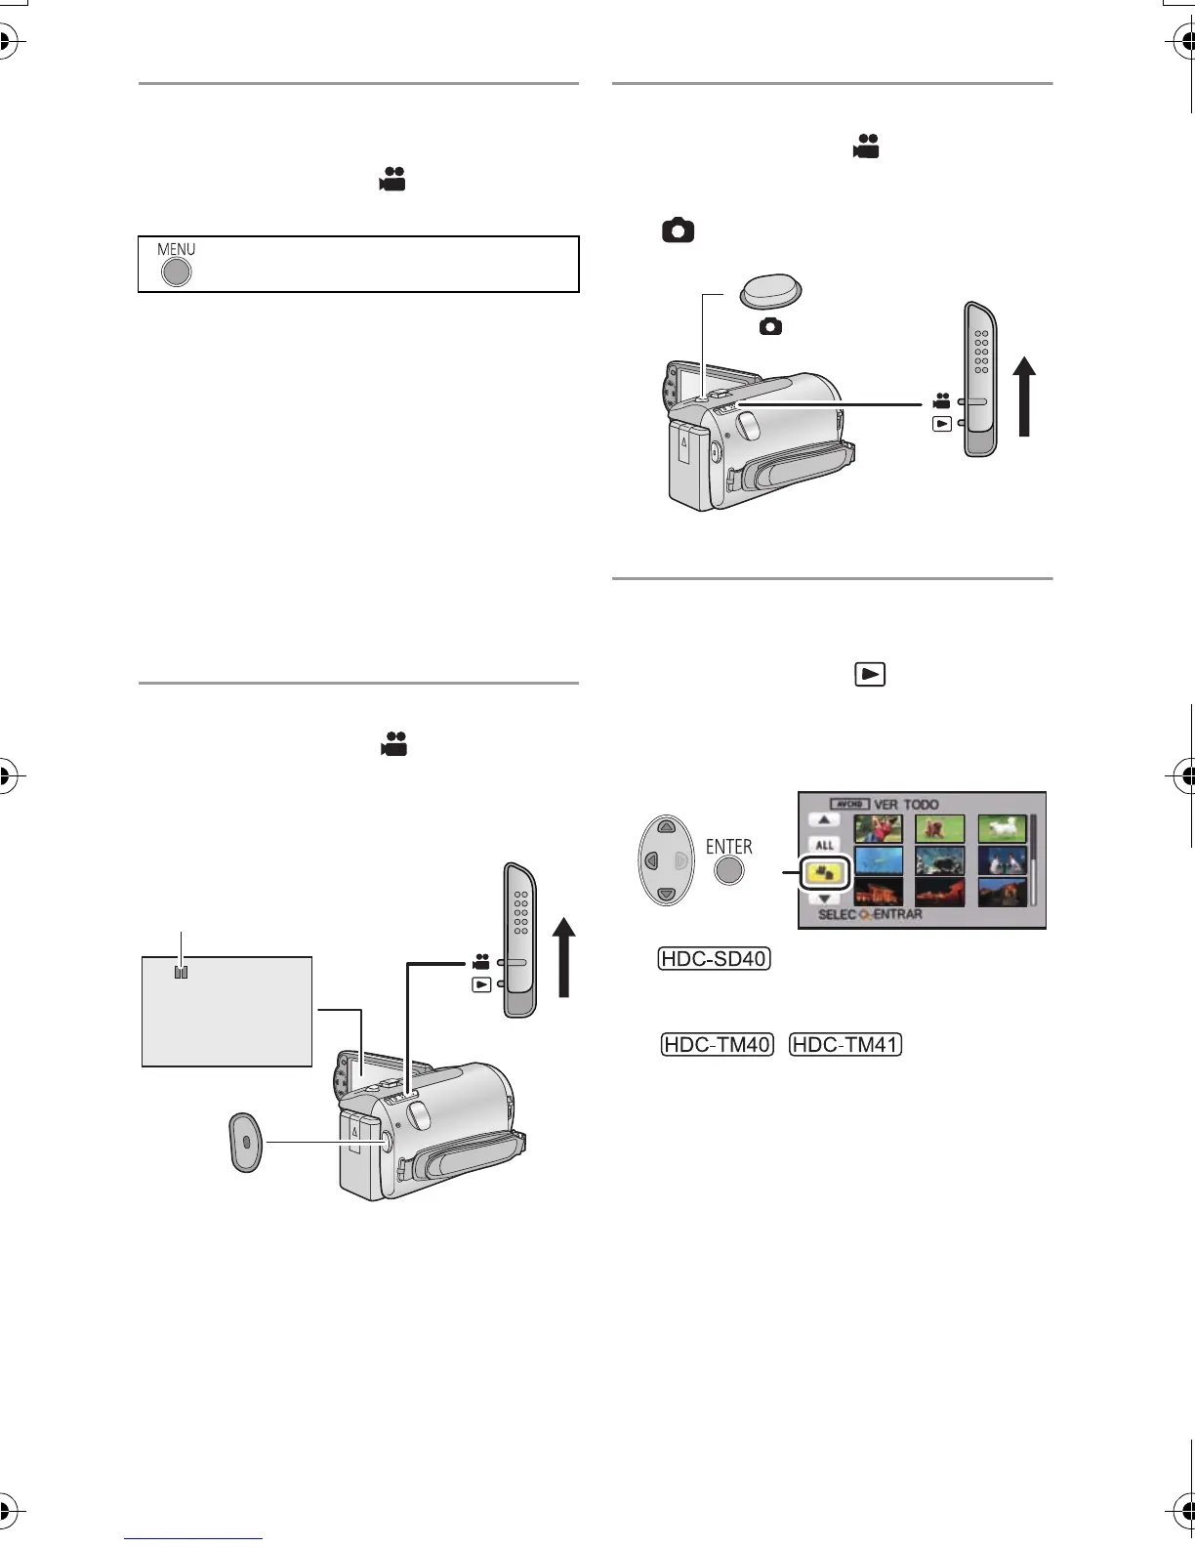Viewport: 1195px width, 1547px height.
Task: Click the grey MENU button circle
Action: click(x=176, y=272)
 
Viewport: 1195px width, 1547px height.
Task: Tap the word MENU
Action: click(x=177, y=250)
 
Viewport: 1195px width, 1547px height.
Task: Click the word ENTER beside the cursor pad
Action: click(x=729, y=847)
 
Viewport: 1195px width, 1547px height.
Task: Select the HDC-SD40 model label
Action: click(x=715, y=958)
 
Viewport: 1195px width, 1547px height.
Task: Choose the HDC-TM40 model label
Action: click(x=718, y=1044)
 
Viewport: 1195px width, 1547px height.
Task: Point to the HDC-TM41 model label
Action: click(x=845, y=1044)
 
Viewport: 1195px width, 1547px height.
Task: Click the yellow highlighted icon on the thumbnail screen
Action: click(x=826, y=873)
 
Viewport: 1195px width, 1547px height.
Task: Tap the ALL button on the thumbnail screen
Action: click(x=825, y=845)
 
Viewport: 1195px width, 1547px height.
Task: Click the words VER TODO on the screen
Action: click(x=906, y=805)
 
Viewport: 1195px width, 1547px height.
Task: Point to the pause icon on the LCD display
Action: click(x=181, y=973)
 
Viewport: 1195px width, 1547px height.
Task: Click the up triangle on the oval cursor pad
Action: click(x=666, y=826)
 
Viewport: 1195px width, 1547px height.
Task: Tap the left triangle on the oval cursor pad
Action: click(x=649, y=861)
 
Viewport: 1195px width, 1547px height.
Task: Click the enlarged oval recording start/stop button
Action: click(x=245, y=1141)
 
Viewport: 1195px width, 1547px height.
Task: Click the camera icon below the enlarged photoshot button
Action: click(x=770, y=327)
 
